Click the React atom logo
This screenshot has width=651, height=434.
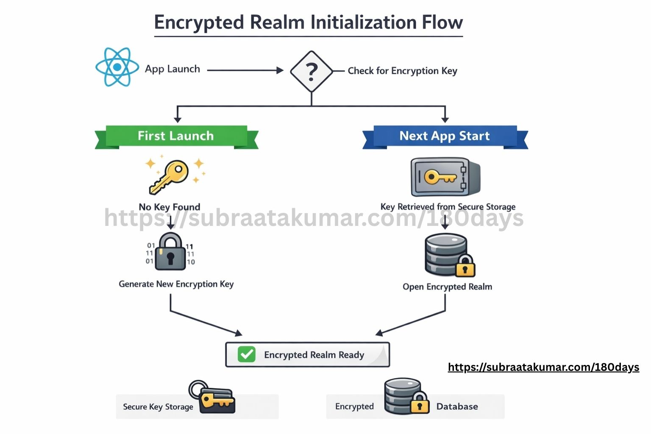click(117, 67)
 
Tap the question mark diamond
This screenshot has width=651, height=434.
click(312, 71)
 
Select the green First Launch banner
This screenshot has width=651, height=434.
click(176, 136)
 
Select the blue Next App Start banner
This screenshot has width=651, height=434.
click(445, 136)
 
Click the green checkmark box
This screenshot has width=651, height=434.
click(246, 354)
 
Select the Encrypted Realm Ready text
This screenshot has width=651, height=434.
click(314, 355)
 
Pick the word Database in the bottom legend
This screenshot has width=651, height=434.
click(457, 406)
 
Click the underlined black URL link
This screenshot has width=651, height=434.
click(543, 367)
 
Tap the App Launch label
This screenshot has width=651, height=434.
click(172, 69)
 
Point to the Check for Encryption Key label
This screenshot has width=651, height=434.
click(402, 71)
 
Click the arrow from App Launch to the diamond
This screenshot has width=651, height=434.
click(245, 70)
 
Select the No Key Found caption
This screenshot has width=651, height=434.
click(170, 207)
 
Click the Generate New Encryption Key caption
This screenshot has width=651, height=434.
click(176, 284)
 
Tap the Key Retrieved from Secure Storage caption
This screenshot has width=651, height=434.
click(448, 207)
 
